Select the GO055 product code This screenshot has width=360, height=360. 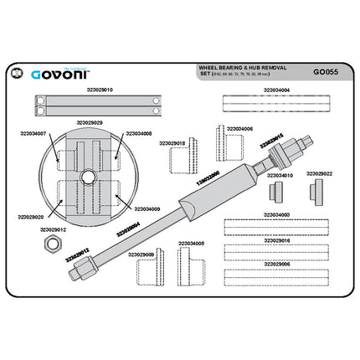click(x=325, y=72)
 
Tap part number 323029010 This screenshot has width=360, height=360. click(x=100, y=89)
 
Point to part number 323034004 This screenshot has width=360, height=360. click(x=275, y=90)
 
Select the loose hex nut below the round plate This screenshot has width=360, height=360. click(x=49, y=243)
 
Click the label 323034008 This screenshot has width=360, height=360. click(x=138, y=133)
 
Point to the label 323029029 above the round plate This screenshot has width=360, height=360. click(x=89, y=122)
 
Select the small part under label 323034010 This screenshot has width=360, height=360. click(x=274, y=191)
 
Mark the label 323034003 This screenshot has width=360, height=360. click(x=275, y=215)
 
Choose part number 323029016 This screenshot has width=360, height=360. click(x=275, y=240)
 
